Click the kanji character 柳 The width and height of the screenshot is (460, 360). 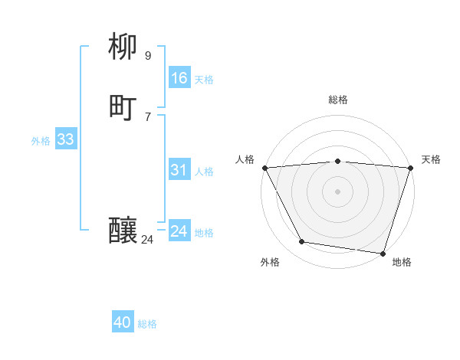point(123,48)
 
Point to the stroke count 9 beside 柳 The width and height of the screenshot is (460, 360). point(147,55)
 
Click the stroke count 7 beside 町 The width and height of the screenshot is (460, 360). point(147,116)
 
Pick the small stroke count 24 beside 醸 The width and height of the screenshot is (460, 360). point(147,240)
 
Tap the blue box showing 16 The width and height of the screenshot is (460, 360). point(179,78)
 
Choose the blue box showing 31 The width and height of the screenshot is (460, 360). point(179,170)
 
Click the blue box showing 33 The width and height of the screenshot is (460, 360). point(65,139)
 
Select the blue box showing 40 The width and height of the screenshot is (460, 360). point(123,323)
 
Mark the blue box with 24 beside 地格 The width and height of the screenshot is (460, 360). point(179,231)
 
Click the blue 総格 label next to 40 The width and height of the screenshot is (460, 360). point(147,324)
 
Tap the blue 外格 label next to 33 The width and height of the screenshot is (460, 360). point(41,141)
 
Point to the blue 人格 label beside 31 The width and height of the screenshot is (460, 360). point(205,172)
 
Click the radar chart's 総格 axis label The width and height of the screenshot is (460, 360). point(338,100)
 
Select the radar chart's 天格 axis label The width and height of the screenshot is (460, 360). point(431,159)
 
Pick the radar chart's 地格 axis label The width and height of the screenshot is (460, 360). point(402,262)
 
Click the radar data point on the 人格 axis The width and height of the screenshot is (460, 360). point(264,168)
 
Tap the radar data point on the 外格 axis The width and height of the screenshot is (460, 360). point(302,242)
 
